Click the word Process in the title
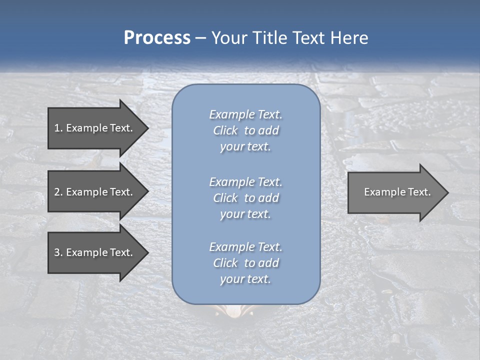pyautogui.click(x=157, y=38)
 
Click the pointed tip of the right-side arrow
pyautogui.click(x=447, y=192)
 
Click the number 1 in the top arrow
pyautogui.click(x=57, y=128)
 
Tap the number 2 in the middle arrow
pyautogui.click(x=57, y=192)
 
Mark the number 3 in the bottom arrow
pyautogui.click(x=57, y=252)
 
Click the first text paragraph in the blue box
pyautogui.click(x=245, y=130)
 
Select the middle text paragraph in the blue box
pyautogui.click(x=245, y=197)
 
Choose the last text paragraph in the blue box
pyautogui.click(x=245, y=263)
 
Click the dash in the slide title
pyautogui.click(x=200, y=38)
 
